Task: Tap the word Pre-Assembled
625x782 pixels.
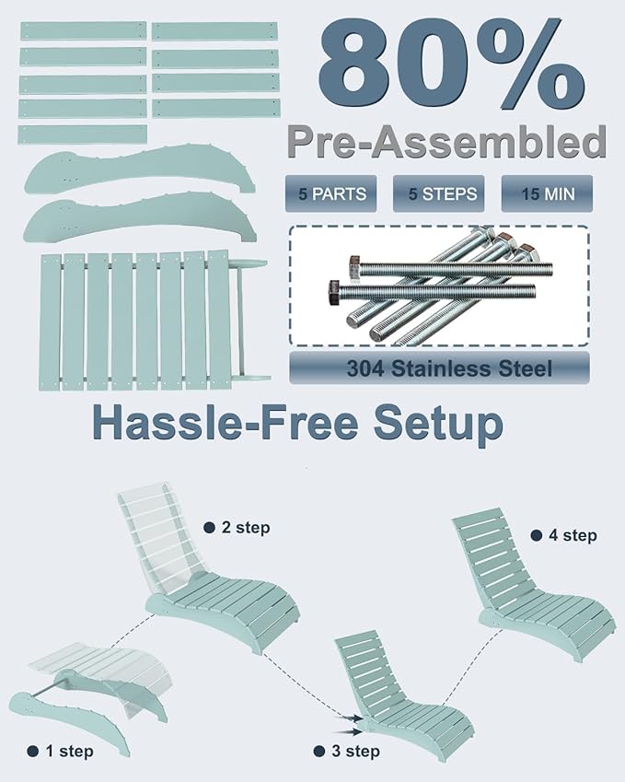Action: [x=446, y=142]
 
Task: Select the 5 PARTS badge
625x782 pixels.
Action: [x=331, y=193]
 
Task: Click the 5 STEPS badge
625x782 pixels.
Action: [x=438, y=193]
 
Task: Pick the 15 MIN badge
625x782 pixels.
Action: [x=547, y=193]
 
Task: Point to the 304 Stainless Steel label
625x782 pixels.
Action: [x=439, y=368]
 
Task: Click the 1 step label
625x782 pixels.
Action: [x=61, y=751]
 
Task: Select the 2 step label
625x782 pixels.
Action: [x=237, y=528]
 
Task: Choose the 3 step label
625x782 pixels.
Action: [x=347, y=751]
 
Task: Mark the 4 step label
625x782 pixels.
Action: [x=564, y=536]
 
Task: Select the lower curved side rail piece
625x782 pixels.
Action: [x=140, y=219]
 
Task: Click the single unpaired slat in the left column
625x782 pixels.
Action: [x=83, y=134]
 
